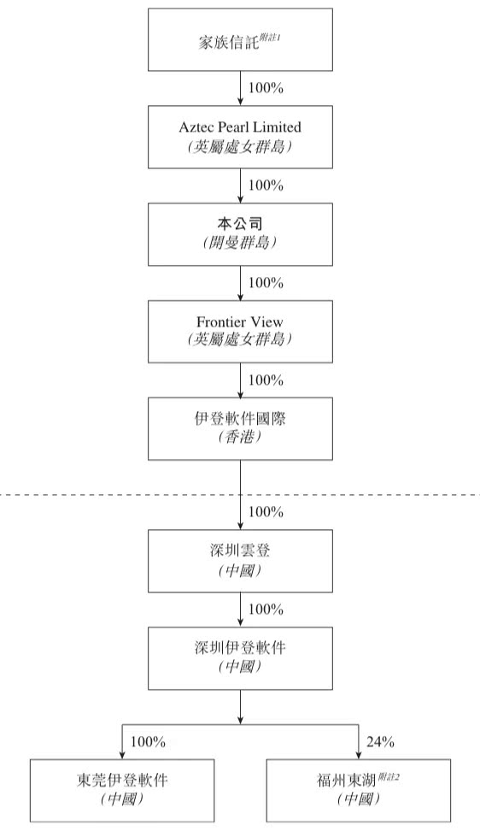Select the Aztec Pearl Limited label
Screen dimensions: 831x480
pos(240,127)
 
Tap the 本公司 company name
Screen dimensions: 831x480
pos(240,223)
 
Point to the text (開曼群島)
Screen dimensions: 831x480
pos(240,242)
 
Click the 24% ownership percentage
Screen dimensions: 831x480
pos(380,741)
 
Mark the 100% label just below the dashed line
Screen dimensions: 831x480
pos(266,512)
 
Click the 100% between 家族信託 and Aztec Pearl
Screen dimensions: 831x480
pos(266,87)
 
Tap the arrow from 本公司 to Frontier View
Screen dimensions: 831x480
pos(240,282)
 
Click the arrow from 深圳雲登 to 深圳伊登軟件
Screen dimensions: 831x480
pos(240,609)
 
